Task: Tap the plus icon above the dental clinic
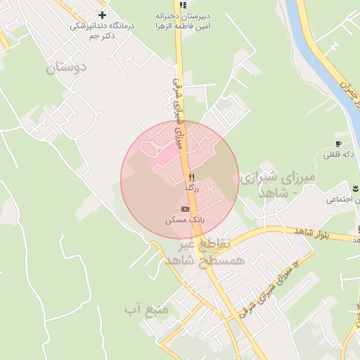click(103, 14)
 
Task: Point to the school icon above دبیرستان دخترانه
click(184, 5)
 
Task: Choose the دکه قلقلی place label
click(337, 155)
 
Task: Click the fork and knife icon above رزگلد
click(191, 177)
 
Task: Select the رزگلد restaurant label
click(192, 188)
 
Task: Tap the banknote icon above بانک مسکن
click(185, 209)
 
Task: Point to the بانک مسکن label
click(185, 220)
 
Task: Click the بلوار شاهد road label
click(292, 232)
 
